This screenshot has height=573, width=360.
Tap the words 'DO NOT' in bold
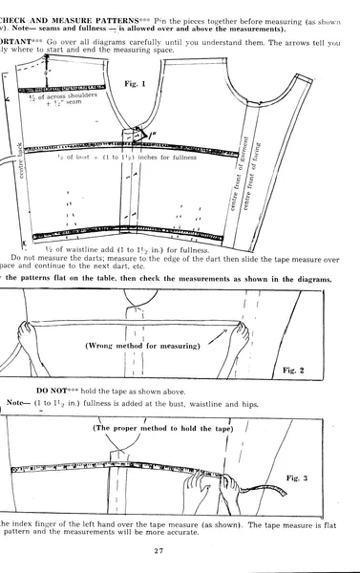[54, 392]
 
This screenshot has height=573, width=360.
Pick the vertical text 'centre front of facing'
[274, 172]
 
